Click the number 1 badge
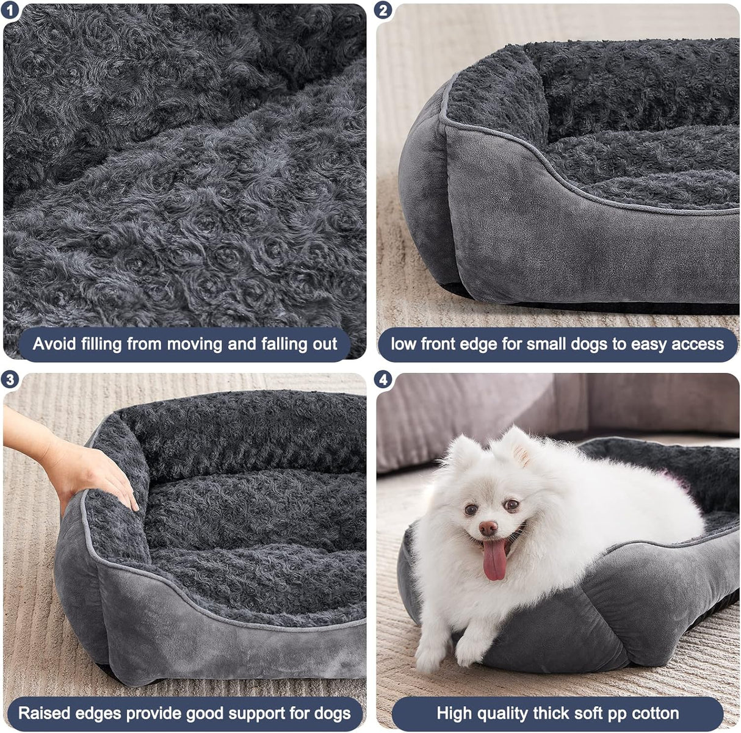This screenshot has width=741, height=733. coord(10,10)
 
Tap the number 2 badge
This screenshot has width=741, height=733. coord(383,10)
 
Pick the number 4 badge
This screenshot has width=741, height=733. coord(383,380)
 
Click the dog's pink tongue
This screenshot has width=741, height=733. coord(494,559)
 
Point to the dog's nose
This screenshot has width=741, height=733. coord(488,527)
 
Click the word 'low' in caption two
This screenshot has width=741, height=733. coord(403,344)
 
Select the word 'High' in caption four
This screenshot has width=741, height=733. coord(455,713)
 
